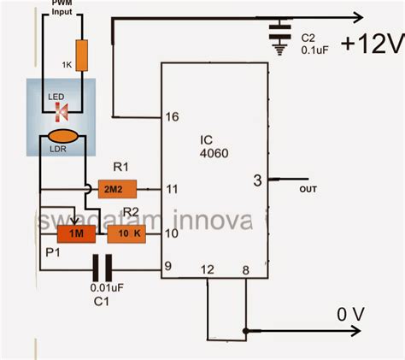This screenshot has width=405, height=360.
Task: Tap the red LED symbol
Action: (62, 110)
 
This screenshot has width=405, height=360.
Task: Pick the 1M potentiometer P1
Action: (75, 233)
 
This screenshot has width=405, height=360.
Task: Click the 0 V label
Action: (352, 315)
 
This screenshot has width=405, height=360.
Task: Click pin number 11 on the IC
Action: (172, 188)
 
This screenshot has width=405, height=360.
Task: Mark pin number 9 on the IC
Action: (169, 267)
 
